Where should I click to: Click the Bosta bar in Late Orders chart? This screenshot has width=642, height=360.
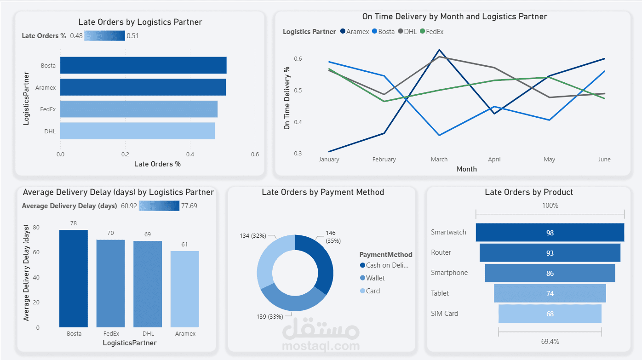coord(143,65)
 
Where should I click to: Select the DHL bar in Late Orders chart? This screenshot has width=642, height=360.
coord(137,131)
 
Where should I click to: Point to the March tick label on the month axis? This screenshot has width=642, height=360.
coord(439,160)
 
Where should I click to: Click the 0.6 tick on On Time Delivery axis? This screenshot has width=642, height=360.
coord(298,59)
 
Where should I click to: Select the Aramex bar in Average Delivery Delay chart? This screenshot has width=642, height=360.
coord(185,289)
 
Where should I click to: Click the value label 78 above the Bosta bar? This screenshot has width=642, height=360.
coord(73,223)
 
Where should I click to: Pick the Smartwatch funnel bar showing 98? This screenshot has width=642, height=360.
coord(550,233)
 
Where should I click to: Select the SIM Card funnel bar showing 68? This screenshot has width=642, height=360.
coord(550,314)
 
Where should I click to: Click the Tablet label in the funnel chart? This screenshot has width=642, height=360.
coord(440,293)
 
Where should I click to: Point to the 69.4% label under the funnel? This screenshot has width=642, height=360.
coord(550,342)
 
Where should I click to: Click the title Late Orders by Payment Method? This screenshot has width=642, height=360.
coord(322,192)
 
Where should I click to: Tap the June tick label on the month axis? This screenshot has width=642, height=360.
coord(604,160)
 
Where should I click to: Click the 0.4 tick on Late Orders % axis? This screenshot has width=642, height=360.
coord(190,154)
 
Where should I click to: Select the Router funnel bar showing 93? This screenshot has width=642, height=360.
coord(550,253)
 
